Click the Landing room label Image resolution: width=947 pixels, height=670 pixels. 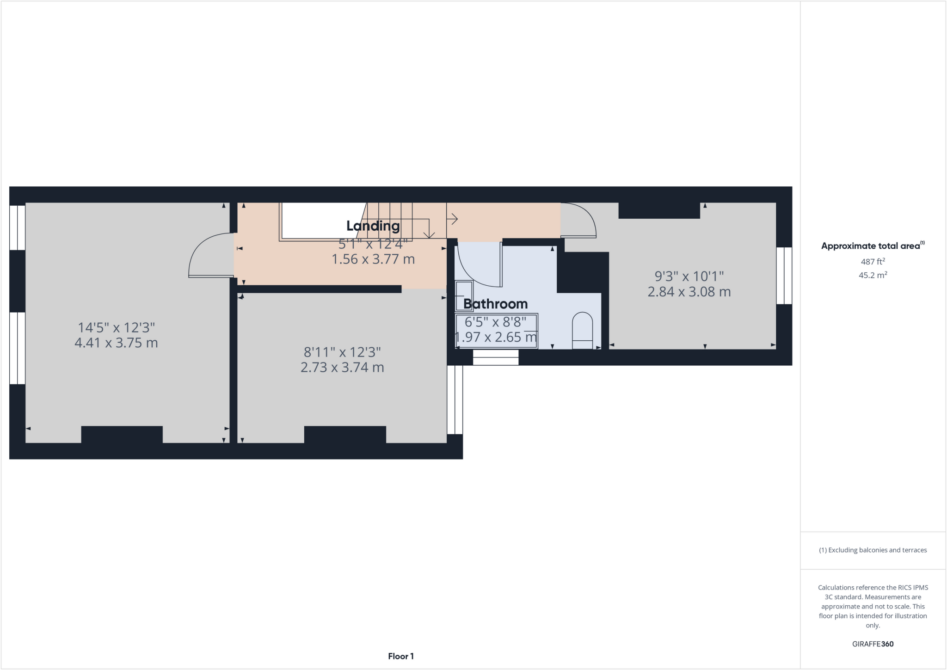click(373, 226)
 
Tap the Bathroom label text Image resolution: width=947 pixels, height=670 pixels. click(495, 304)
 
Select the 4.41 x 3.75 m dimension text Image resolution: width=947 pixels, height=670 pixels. click(116, 343)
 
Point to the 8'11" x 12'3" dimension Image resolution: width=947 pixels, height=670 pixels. click(342, 352)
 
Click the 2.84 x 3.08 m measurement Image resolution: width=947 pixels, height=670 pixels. click(689, 292)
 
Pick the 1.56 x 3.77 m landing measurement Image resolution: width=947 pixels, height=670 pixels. click(373, 259)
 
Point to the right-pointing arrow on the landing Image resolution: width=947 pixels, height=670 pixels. click(453, 218)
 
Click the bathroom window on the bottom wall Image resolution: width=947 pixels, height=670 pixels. click(495, 357)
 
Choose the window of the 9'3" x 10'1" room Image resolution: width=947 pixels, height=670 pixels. click(784, 276)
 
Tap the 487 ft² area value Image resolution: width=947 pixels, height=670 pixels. click(873, 262)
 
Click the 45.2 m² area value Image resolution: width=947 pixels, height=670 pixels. click(873, 276)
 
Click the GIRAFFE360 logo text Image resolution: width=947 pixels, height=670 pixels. click(873, 644)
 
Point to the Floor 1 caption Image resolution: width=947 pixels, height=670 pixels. click(400, 656)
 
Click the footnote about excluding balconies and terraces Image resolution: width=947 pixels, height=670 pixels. click(873, 550)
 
